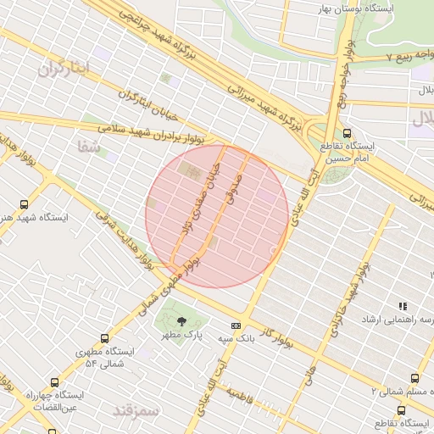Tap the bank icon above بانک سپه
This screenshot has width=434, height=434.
click(x=236, y=325)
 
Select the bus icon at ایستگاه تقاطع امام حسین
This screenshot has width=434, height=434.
click(x=348, y=132)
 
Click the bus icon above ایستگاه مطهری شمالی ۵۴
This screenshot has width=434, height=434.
click(x=104, y=337)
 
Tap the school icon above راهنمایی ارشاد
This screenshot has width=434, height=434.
click(x=403, y=306)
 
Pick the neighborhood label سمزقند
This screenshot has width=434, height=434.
click(x=135, y=410)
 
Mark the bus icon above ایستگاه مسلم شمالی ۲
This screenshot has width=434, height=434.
click(x=415, y=378)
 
